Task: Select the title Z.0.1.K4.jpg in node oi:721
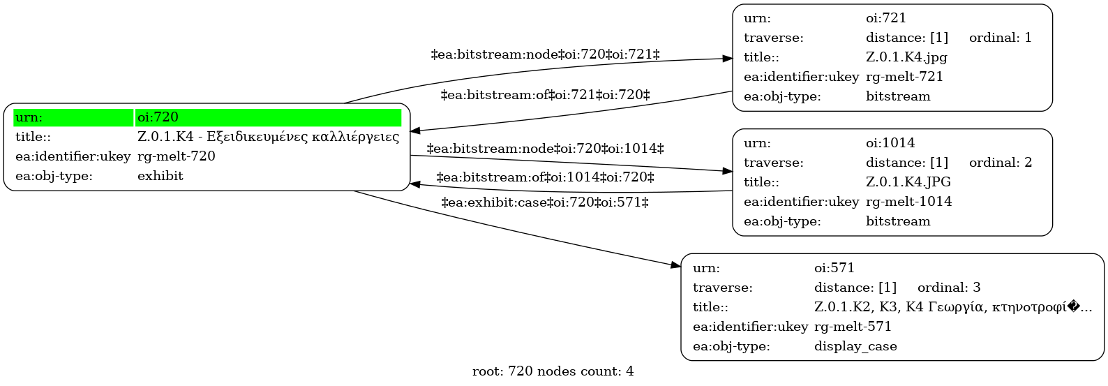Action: click(906, 57)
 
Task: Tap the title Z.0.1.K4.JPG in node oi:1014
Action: click(908, 182)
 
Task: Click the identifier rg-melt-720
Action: click(176, 156)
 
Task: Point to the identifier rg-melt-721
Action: click(904, 77)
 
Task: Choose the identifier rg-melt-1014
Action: click(908, 202)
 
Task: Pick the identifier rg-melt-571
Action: click(853, 327)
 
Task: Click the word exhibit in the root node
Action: click(160, 176)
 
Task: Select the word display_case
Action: click(855, 346)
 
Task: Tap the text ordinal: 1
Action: click(1000, 38)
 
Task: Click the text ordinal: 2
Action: click(1000, 163)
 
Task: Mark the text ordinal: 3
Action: click(949, 288)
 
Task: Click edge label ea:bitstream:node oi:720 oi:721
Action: click(545, 54)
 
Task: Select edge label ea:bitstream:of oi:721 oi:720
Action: click(545, 94)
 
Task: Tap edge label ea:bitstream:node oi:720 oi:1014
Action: click(545, 149)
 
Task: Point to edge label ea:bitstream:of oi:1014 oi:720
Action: click(545, 177)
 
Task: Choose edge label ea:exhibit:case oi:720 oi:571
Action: click(545, 202)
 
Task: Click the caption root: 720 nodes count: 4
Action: click(553, 371)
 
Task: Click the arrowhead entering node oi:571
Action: click(676, 266)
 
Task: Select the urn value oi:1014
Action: click(890, 143)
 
